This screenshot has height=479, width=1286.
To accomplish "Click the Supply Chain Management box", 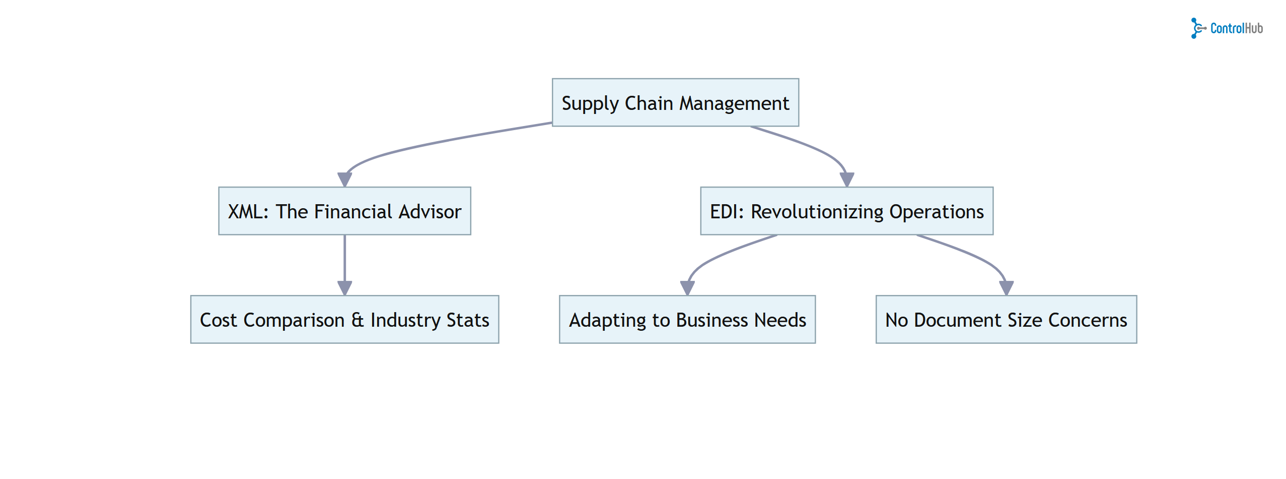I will click(675, 102).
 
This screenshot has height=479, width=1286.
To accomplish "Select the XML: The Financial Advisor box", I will click(344, 211).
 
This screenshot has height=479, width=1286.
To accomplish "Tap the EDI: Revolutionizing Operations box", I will click(846, 211).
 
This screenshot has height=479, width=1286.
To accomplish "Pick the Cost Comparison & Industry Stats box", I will click(344, 319).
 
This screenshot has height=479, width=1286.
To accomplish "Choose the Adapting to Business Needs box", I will click(687, 319).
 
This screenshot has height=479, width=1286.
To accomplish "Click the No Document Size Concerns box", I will click(1006, 319).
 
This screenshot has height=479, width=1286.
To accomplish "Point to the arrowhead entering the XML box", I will click(344, 179).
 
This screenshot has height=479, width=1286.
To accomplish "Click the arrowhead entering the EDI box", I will click(846, 179).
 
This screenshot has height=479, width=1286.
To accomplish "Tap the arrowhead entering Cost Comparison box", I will click(344, 288).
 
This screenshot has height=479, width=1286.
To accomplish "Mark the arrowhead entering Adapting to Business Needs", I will click(687, 288).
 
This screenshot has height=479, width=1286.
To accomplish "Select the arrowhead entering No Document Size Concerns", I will click(1006, 288).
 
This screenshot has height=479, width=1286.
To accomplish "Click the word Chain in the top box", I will click(649, 103).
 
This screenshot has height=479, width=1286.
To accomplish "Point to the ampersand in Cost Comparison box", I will click(357, 320).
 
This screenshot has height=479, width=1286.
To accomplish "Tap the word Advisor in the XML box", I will click(430, 211).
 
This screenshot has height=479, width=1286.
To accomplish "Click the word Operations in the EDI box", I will click(936, 211).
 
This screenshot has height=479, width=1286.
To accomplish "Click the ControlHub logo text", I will click(1236, 28).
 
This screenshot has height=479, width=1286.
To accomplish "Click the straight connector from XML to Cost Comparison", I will click(344, 257).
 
